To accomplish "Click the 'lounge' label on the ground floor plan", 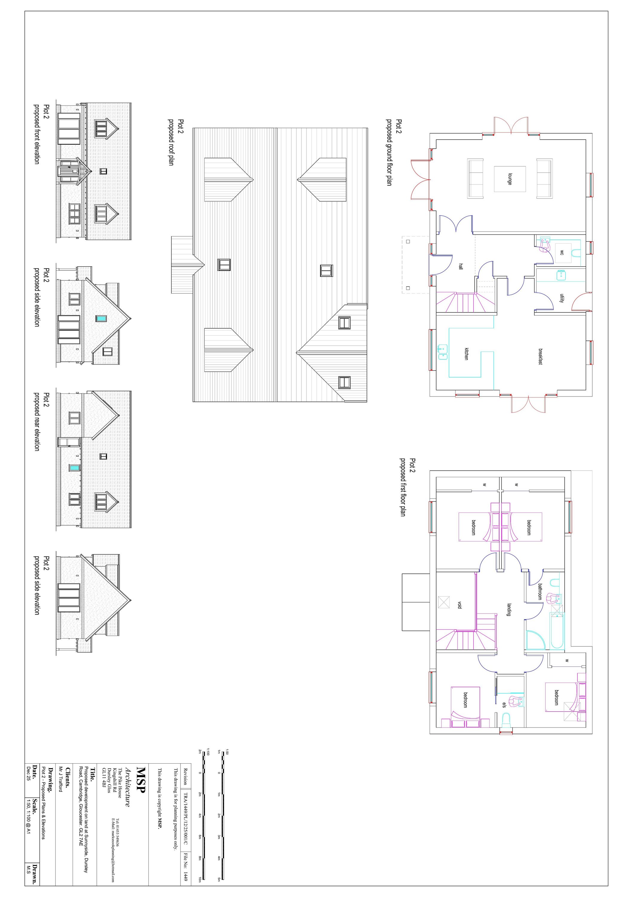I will (510, 179).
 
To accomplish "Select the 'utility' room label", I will (562, 298).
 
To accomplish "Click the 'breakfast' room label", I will (540, 356).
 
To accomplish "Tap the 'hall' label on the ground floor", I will (461, 266).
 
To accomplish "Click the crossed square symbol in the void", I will (444, 602).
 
